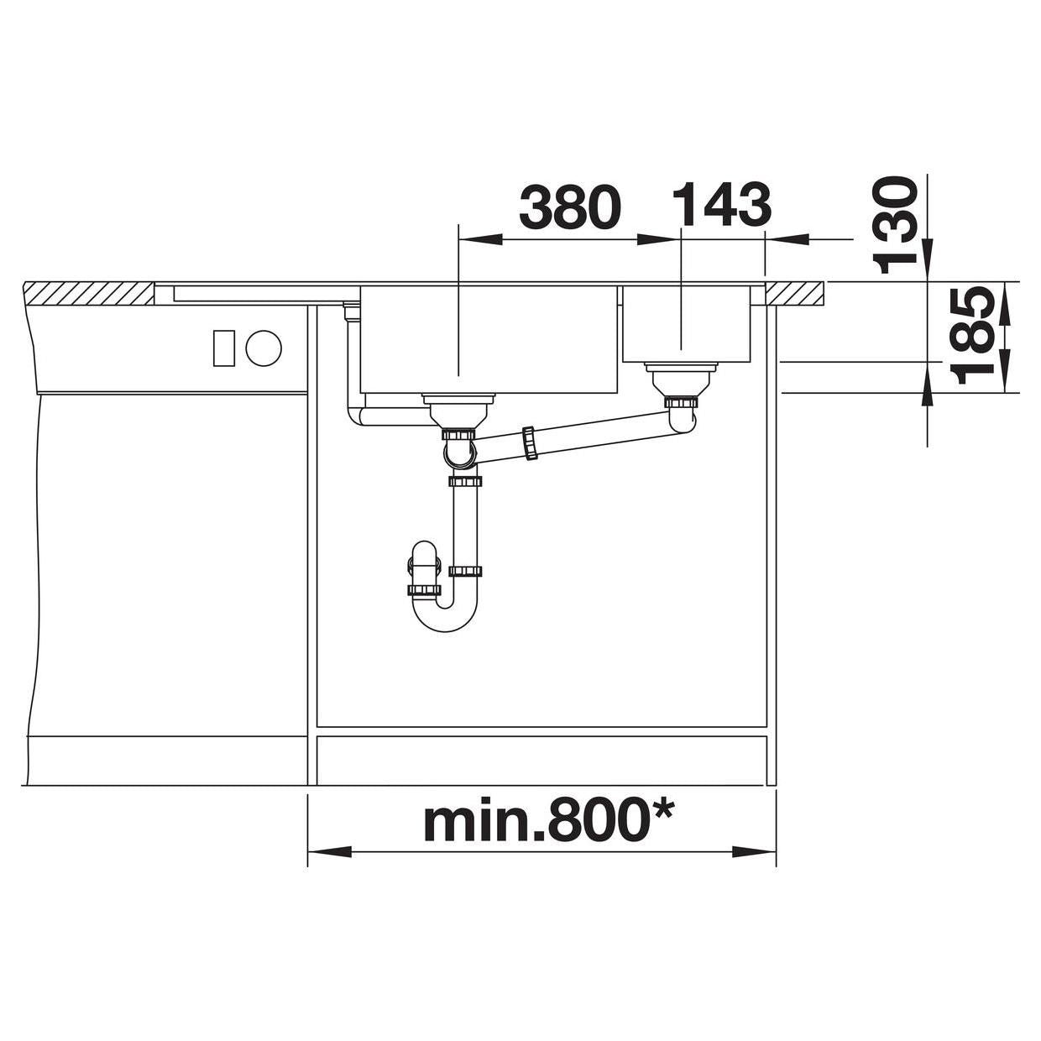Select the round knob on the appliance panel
pos(264,348)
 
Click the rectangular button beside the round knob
pos(223,348)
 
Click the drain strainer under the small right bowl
pos(681,379)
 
